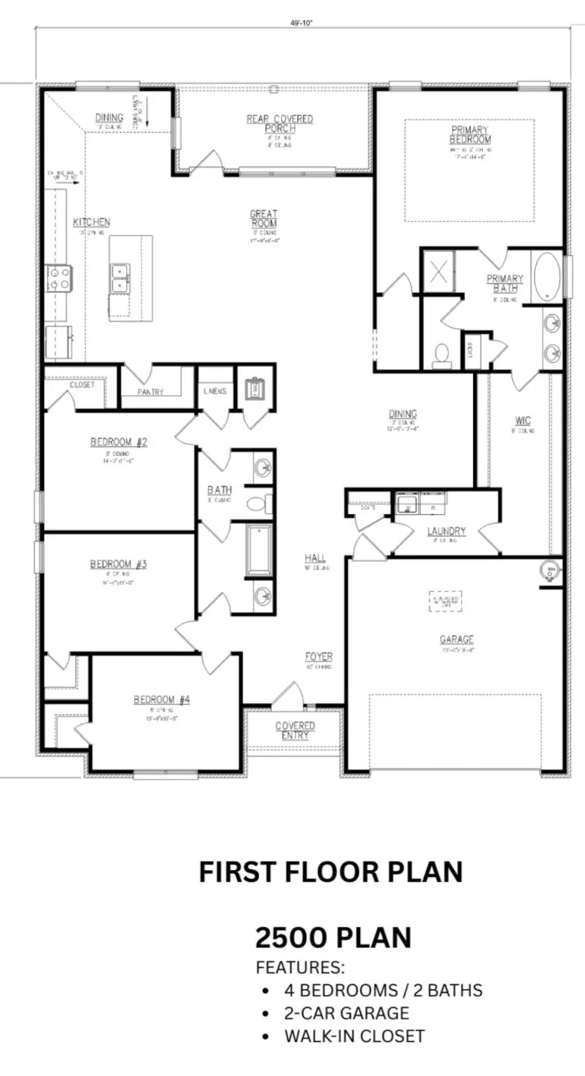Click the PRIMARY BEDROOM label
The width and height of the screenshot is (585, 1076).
pyautogui.click(x=470, y=134)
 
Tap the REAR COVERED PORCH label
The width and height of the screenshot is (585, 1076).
pyautogui.click(x=280, y=124)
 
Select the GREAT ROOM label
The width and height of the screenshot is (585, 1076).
pyautogui.click(x=264, y=218)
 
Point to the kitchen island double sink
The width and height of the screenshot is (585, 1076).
pyautogui.click(x=119, y=277)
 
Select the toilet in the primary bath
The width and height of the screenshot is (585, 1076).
pyautogui.click(x=441, y=355)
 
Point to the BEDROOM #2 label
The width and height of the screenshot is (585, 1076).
pyautogui.click(x=118, y=442)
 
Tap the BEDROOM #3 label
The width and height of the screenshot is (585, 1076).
pyautogui.click(x=118, y=564)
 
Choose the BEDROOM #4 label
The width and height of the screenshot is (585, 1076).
pyautogui.click(x=162, y=699)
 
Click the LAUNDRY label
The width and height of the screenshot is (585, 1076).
pyautogui.click(x=446, y=531)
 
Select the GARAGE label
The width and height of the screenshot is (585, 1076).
pyautogui.click(x=456, y=639)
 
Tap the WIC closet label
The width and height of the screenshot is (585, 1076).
pyautogui.click(x=523, y=420)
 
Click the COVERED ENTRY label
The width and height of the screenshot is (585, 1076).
pyautogui.click(x=294, y=730)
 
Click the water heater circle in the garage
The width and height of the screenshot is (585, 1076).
pyautogui.click(x=550, y=570)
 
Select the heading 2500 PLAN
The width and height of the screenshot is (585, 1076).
pyautogui.click(x=333, y=937)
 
